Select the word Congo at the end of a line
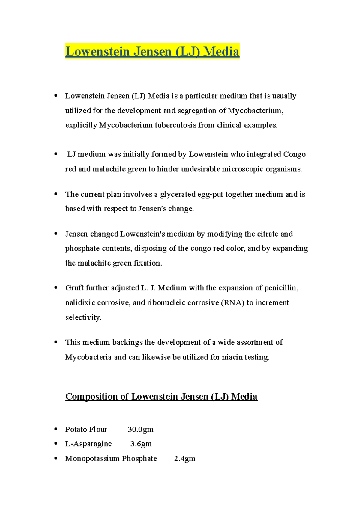[x=294, y=154]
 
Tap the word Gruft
[x=74, y=288]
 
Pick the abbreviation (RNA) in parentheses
[x=232, y=303]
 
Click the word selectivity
[x=83, y=317]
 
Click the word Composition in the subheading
[x=91, y=397]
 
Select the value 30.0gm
[x=140, y=430]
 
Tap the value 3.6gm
[x=141, y=444]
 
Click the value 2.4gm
[x=184, y=459]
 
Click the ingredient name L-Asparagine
[x=88, y=444]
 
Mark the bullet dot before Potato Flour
[x=56, y=429]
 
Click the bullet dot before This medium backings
[x=56, y=342]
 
